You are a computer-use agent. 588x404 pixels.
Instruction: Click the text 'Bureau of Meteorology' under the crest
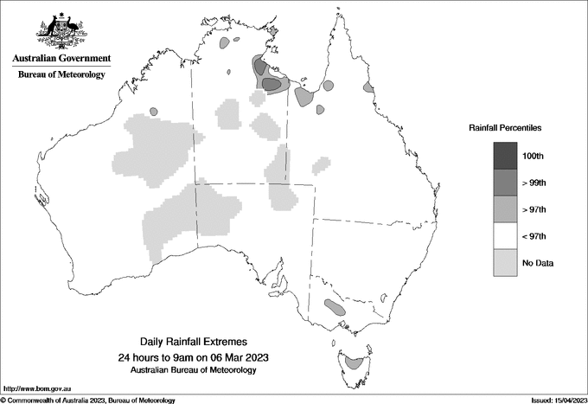61,75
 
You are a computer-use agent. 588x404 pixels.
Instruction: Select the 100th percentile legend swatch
505,156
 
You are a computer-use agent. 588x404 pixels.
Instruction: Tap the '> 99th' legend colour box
505,183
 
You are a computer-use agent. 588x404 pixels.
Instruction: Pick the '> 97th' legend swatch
505,209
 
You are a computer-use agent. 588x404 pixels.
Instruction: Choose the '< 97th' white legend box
505,236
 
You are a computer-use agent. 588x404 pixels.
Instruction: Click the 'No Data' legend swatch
505,263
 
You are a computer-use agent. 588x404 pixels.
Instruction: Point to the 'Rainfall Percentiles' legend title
505,127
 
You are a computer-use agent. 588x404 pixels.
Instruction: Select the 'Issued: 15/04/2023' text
551,400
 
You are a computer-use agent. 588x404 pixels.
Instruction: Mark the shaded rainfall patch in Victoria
334,305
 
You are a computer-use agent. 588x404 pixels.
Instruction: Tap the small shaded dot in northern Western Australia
154,112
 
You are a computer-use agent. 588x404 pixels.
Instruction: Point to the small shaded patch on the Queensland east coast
369,87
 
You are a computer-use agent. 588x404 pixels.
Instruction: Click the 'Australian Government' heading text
61,59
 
